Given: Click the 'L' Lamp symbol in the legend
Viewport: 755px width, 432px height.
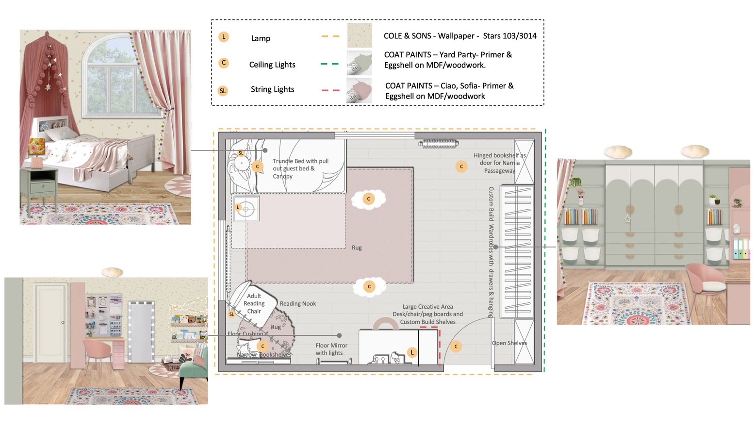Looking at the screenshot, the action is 224,37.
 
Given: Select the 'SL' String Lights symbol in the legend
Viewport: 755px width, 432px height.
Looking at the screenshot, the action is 223,91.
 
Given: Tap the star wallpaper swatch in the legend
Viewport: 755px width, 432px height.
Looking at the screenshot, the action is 360,35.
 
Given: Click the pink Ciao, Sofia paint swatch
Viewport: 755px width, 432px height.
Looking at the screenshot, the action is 359,90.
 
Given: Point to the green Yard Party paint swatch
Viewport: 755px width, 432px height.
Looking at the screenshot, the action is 359,63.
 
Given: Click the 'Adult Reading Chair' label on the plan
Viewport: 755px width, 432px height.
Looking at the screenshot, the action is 254,303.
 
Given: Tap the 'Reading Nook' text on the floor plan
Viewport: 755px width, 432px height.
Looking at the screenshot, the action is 298,303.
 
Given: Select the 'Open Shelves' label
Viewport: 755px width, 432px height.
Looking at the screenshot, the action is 509,343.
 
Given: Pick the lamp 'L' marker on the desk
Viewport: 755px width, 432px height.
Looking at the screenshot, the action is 412,352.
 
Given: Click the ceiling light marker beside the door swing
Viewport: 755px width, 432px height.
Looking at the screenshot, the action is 456,347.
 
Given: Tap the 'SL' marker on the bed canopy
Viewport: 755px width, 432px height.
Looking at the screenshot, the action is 241,153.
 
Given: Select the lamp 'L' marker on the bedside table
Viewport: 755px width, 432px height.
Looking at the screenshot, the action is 238,207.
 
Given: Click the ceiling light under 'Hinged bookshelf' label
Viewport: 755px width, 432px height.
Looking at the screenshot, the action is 461,166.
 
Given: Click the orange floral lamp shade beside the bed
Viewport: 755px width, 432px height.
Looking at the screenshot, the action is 37,146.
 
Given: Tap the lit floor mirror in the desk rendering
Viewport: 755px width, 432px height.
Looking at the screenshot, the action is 142,332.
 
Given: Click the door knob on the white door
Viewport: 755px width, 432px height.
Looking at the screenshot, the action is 63,322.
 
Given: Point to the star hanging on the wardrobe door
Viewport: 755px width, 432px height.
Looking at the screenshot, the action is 627,219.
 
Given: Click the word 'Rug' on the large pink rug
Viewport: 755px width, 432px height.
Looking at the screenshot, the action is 357,248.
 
